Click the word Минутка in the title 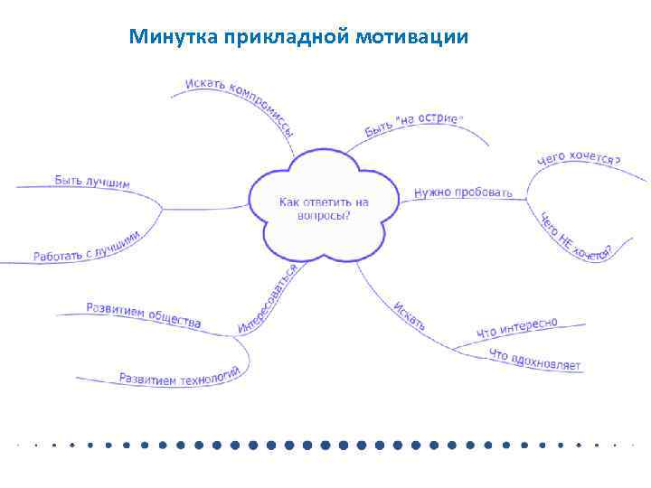[x=168, y=37]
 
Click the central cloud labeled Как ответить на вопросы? [x=324, y=209]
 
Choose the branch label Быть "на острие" [x=414, y=126]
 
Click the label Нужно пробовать [x=463, y=192]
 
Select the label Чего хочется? [x=579, y=159]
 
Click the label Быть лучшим [x=92, y=182]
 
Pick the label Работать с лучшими [x=88, y=246]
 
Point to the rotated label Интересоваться [x=269, y=298]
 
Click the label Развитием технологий [x=179, y=375]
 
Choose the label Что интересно [x=517, y=330]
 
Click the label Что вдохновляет [x=534, y=360]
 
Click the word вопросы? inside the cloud [x=324, y=216]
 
